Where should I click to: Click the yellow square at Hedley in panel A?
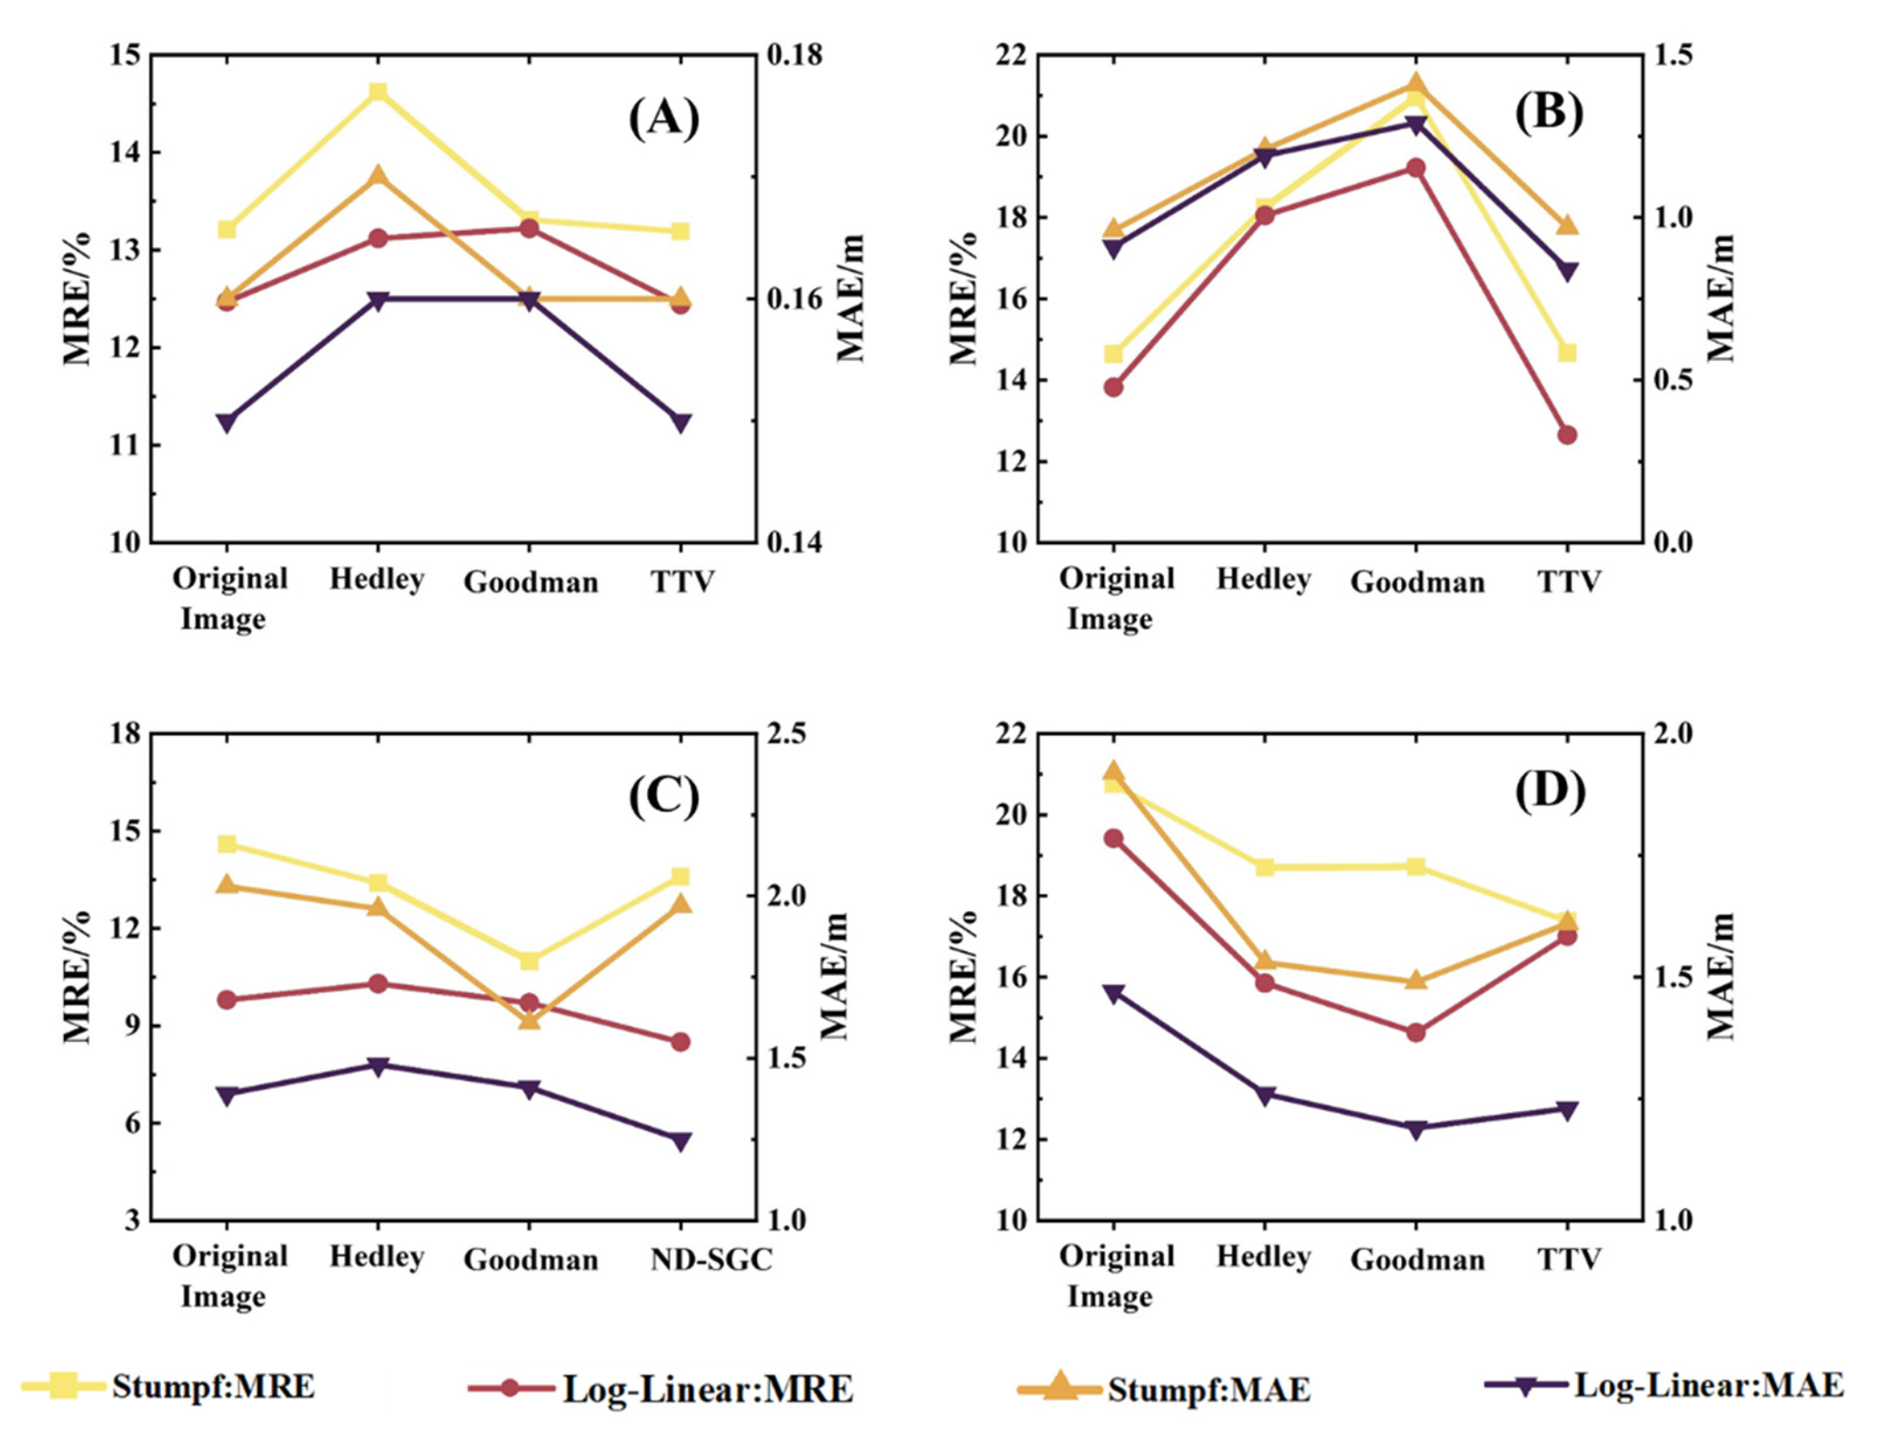[x=378, y=92]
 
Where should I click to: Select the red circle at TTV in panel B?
[x=1568, y=434]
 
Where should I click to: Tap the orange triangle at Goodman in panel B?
[x=1417, y=83]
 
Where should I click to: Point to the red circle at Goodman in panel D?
[x=1417, y=1032]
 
